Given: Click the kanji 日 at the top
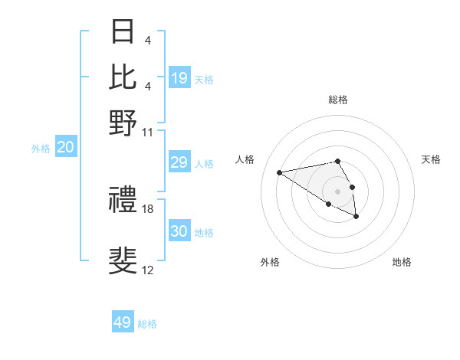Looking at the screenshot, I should coord(123,32).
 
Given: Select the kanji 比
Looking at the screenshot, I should coord(123,77).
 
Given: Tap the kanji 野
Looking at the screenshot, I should coord(123,122).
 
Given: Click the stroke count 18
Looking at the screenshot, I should coord(148,208).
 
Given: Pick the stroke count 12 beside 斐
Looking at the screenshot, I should coord(148,270).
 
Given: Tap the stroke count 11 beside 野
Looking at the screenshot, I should coord(148,131).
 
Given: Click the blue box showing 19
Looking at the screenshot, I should coord(179,77).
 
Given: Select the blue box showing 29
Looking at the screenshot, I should coord(179,162).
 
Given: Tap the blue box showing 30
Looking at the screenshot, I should coord(179,231).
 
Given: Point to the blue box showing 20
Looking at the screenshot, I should coord(65,148).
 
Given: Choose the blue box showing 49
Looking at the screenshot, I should coord(123,322).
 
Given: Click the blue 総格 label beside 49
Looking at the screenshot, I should coord(147,324).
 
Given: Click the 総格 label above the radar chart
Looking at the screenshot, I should coord(337,100).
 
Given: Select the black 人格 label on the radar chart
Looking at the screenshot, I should coord(245,159).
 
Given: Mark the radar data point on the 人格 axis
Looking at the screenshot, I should coord(280,172).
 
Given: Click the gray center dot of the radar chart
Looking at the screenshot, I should coord(337,191).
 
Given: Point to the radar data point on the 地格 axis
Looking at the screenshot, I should coord(356,217).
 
